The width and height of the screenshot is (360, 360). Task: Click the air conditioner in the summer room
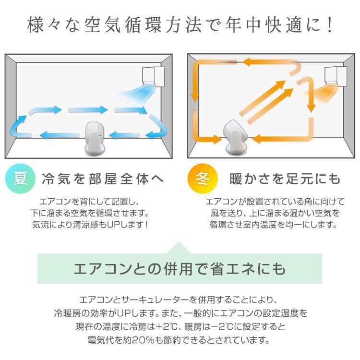[154, 75]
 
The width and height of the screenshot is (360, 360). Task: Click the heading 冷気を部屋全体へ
[103, 180]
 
